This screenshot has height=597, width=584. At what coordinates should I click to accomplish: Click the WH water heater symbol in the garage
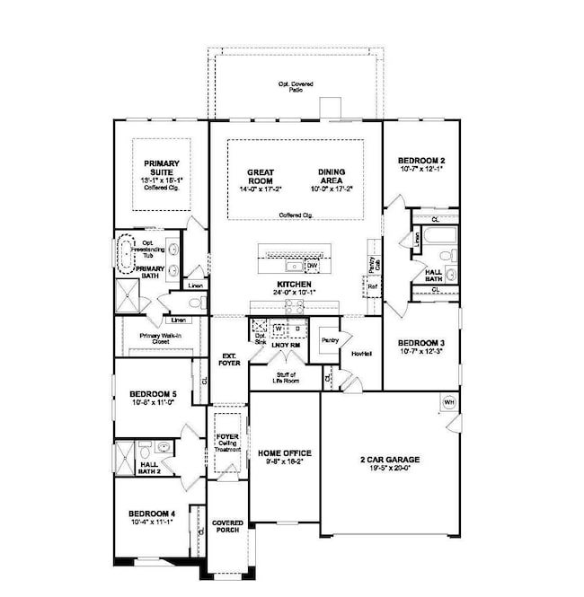coord(449,402)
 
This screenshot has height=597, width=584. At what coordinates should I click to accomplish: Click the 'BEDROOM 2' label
coord(421,162)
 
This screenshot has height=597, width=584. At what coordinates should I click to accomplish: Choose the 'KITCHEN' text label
coord(293,283)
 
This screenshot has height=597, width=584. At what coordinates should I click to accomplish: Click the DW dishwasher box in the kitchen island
coord(312,266)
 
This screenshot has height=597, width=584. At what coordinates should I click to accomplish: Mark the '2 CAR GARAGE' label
coord(384,459)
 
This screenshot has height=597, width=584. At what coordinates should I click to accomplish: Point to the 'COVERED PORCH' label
coord(227,525)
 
